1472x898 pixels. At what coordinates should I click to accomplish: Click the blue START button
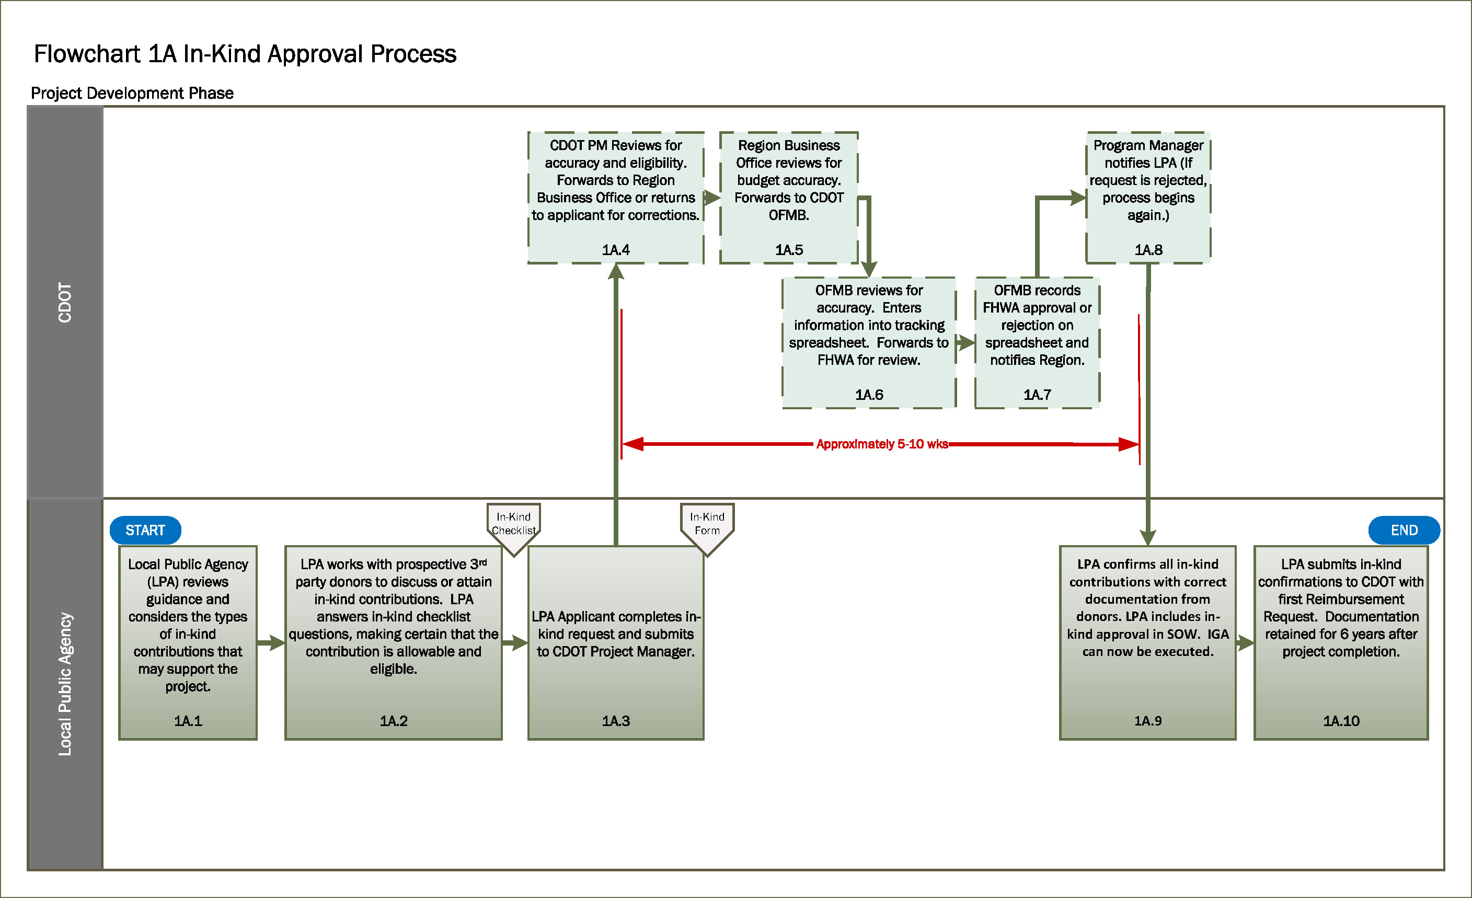(145, 530)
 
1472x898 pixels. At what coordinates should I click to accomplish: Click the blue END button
(1404, 530)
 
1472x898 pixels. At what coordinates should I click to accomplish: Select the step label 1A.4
(615, 250)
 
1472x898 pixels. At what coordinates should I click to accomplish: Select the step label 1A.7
(1037, 394)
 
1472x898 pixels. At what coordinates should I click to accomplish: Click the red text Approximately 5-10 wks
(882, 444)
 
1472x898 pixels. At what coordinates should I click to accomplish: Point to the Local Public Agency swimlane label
(64, 684)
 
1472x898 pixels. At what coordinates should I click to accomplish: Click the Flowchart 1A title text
(245, 54)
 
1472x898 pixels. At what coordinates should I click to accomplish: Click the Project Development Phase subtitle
(132, 93)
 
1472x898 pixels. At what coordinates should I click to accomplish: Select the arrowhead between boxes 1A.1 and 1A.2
(277, 643)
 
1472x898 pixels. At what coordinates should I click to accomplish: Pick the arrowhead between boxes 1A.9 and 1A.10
(1246, 643)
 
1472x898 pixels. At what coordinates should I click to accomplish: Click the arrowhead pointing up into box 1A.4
(616, 272)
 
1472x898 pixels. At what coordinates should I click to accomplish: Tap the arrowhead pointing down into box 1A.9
(1147, 537)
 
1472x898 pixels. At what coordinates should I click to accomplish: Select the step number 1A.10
(1341, 721)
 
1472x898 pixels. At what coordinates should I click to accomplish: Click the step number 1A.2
(393, 721)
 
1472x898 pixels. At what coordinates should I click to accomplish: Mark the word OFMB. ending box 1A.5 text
(789, 215)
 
